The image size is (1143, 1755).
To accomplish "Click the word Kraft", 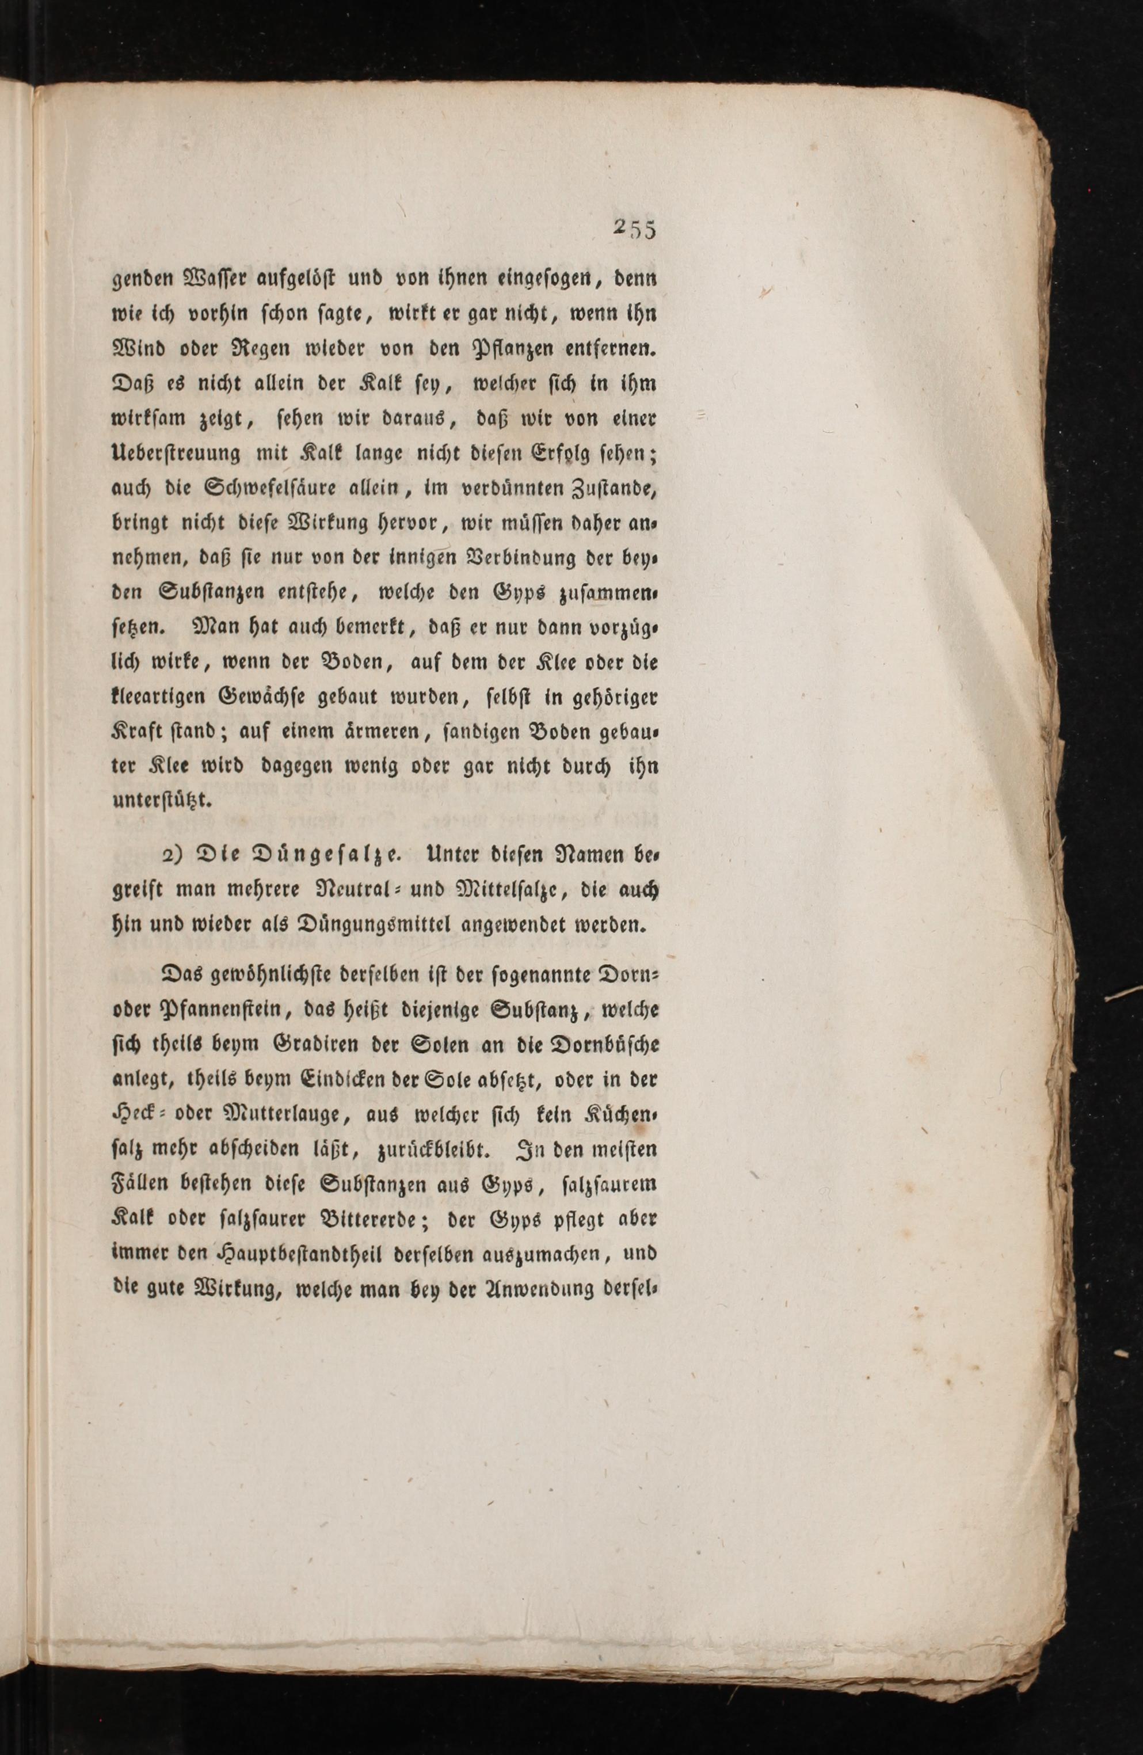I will pyautogui.click(x=139, y=733).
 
